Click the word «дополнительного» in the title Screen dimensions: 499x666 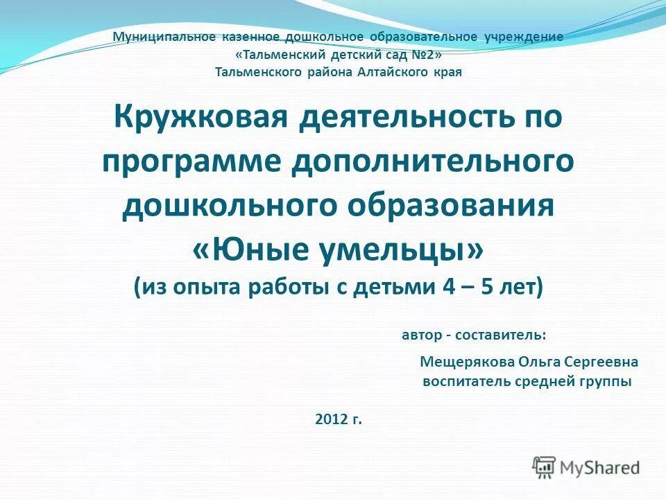coord(432,160)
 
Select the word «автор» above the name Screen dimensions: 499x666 coord(422,335)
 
